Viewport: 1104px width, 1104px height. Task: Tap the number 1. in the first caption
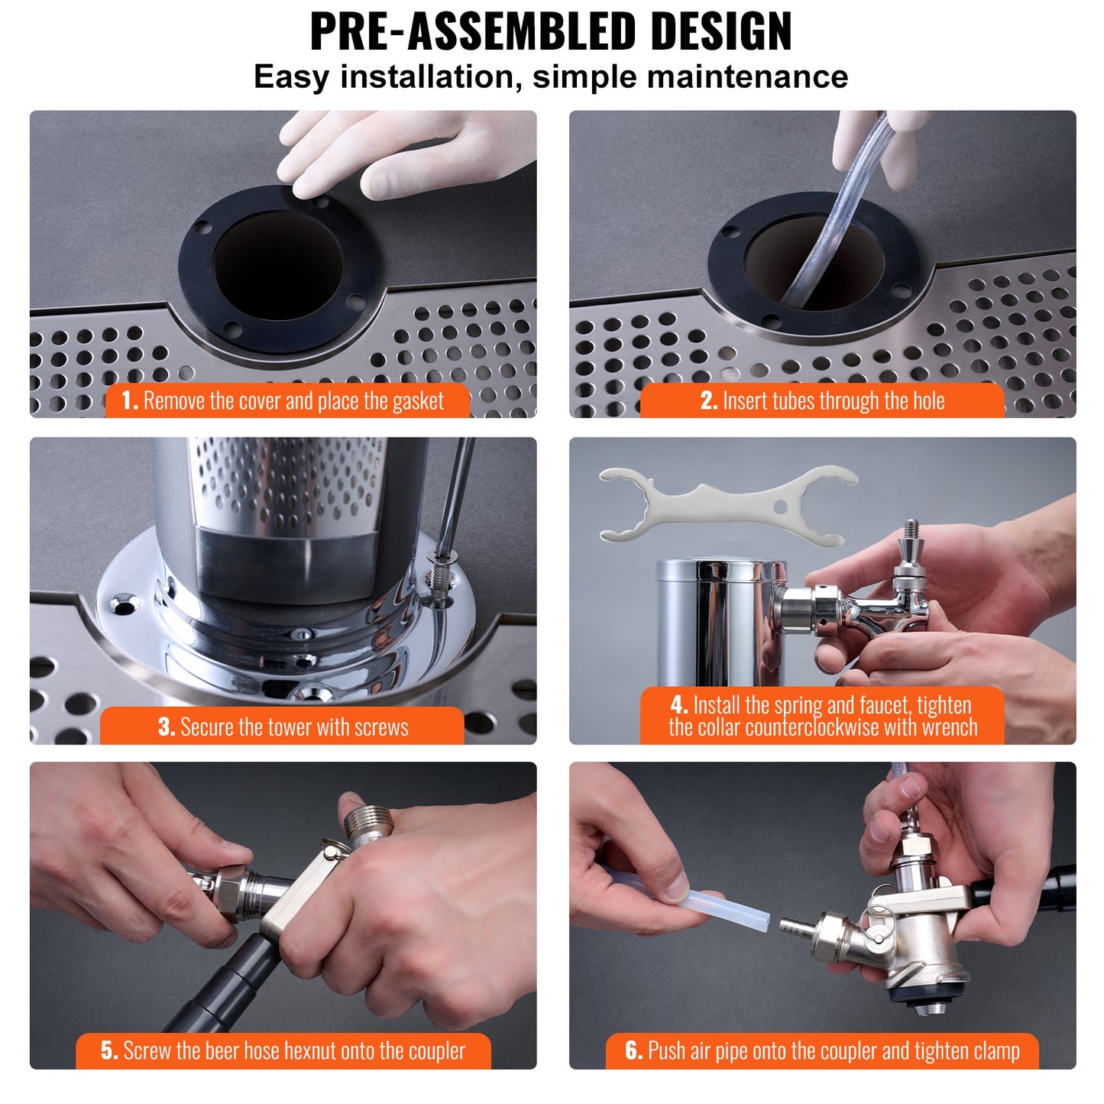click(x=130, y=400)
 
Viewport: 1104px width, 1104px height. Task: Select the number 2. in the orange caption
click(x=708, y=400)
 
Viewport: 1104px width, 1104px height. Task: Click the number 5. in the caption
click(x=109, y=1051)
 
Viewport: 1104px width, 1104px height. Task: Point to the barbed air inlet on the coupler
click(x=795, y=928)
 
